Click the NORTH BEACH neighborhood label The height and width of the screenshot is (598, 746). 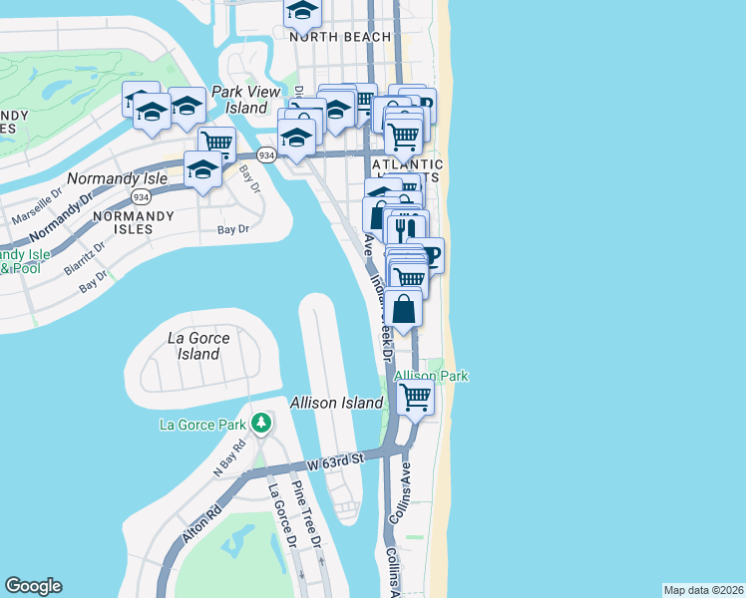click(x=335, y=36)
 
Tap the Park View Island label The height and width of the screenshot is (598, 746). click(x=245, y=100)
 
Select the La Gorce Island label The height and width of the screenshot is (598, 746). click(x=197, y=346)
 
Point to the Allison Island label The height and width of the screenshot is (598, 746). click(x=336, y=403)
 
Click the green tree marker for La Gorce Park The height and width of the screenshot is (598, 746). click(x=261, y=425)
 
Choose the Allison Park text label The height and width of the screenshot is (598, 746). click(x=431, y=376)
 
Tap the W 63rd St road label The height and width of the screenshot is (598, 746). click(x=338, y=461)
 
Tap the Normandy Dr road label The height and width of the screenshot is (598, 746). click(x=56, y=223)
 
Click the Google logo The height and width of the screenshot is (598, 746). click(x=33, y=586)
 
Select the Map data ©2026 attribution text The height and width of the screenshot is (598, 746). click(x=703, y=590)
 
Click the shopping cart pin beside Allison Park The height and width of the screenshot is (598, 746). click(x=415, y=398)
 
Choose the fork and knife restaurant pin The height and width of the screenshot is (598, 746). click(x=405, y=227)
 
